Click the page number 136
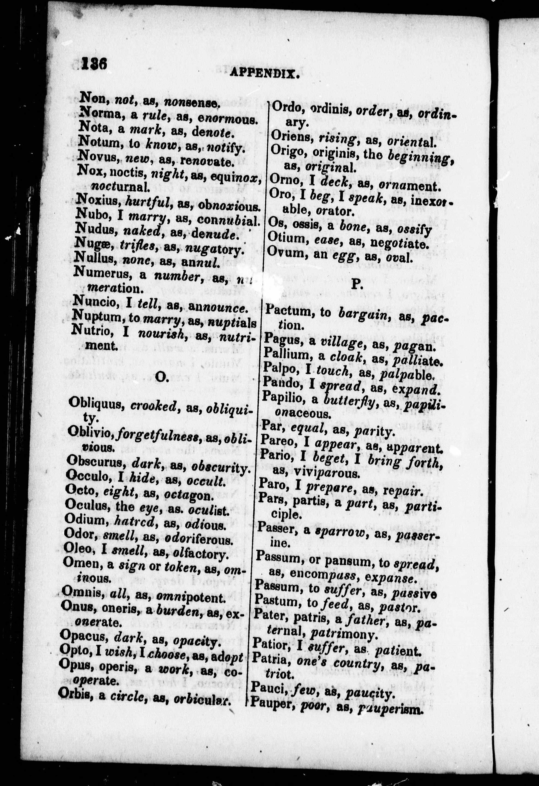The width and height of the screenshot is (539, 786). (94, 64)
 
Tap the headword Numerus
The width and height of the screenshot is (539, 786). (103, 273)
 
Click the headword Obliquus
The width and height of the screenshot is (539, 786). (96, 403)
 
